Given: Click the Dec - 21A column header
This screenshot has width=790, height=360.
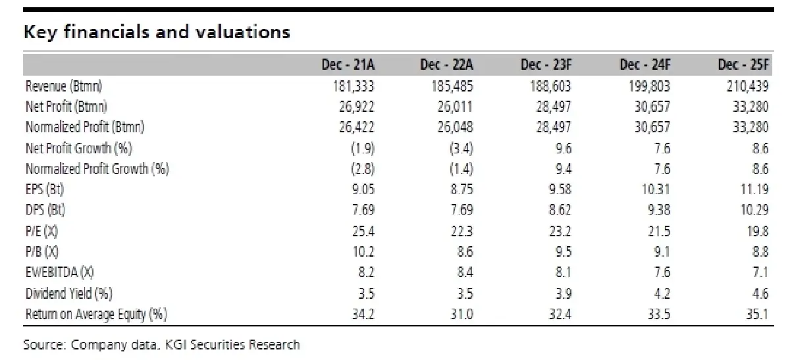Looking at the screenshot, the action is [348, 65].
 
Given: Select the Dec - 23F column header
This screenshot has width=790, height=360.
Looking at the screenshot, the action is [546, 65].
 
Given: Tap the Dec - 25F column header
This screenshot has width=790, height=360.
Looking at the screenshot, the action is [743, 65].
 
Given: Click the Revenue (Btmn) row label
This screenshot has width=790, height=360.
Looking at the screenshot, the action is [64, 86].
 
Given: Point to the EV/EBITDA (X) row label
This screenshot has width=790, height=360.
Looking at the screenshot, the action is [60, 272].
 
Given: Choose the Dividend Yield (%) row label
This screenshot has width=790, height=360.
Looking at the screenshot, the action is [69, 294].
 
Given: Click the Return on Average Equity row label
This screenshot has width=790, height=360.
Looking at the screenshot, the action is [96, 314].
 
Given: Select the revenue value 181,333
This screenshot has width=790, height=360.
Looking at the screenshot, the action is [354, 86].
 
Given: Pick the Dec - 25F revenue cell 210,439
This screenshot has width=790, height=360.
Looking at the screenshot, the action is [748, 86].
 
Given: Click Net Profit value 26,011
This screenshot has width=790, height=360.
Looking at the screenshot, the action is [455, 107].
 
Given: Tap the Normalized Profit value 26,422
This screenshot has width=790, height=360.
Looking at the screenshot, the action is [357, 127].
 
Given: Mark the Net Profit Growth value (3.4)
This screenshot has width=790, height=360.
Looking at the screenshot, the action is [461, 149].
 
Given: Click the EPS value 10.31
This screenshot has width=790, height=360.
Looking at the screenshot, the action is [656, 190].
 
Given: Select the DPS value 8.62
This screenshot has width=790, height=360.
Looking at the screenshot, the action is [560, 210].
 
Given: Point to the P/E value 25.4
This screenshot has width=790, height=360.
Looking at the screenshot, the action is [363, 231].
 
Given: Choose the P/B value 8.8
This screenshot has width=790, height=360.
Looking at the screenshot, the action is [760, 252].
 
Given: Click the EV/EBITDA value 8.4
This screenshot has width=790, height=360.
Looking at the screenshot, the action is [465, 272].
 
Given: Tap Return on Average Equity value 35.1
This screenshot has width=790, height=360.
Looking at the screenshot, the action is [757, 314].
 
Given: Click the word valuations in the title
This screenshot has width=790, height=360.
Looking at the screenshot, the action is [243, 32].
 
